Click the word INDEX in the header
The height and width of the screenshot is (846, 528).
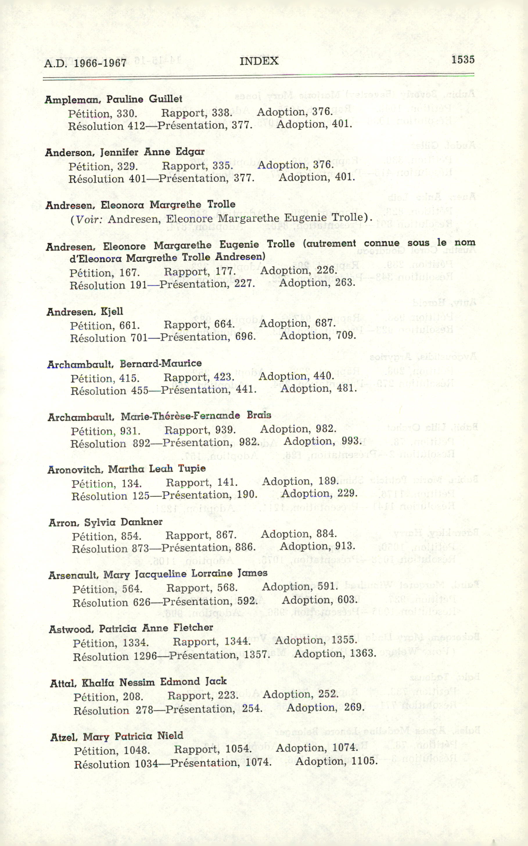point(259,61)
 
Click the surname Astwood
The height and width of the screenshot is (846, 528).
point(71,629)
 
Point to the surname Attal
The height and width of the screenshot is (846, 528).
point(63,683)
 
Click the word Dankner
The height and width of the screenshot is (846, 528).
point(141,522)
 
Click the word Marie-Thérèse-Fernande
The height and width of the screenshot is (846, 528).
point(180,416)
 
